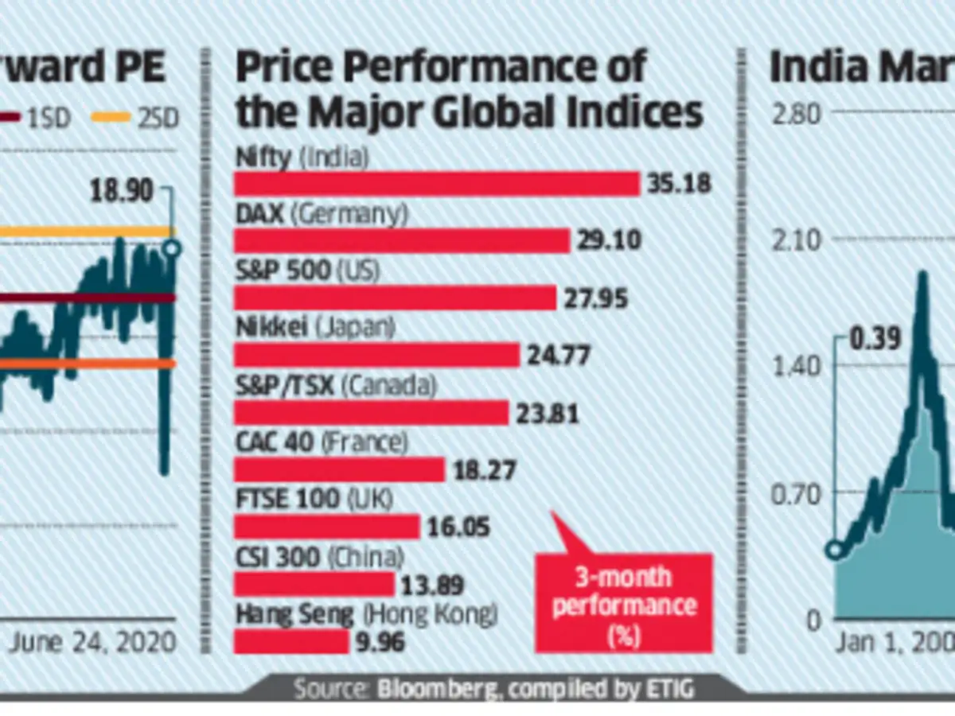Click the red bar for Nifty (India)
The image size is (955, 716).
coord(436,184)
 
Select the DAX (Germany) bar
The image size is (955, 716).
coord(402,240)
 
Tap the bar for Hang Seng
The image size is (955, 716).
coord(291,641)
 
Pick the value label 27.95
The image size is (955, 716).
coord(596,298)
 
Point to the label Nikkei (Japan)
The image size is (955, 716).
coord(316,328)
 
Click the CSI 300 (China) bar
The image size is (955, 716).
coord(314,585)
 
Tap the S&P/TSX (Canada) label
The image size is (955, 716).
coord(336,386)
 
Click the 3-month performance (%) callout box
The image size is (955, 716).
coord(623,602)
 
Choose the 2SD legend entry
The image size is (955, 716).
coord(134,119)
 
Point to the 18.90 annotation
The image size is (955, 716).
coord(120,193)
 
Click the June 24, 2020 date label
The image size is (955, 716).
coord(92,641)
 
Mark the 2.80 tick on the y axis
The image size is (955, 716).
coord(796,114)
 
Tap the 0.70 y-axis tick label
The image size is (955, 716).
coord(796,493)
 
